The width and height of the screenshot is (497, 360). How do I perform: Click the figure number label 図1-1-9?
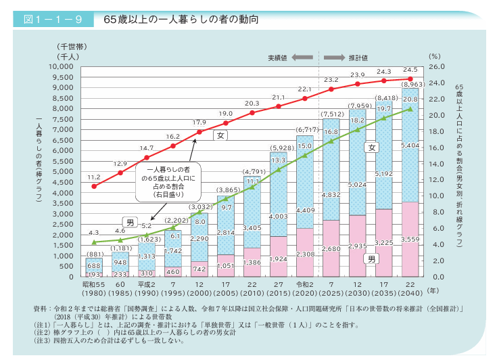coord(48,20)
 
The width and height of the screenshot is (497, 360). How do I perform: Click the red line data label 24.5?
coord(410,70)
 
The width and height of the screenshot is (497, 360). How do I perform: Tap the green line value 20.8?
coord(410,99)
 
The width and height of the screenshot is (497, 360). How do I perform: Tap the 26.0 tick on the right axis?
coord(436,67)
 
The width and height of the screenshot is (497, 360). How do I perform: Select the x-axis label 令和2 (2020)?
coord(304,288)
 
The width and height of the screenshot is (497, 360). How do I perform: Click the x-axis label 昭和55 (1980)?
coord(94,288)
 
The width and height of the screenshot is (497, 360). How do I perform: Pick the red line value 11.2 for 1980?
coord(94,177)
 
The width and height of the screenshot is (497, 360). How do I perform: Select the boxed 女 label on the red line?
coord(219,135)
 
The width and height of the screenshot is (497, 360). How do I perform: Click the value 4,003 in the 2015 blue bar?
coord(279,217)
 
